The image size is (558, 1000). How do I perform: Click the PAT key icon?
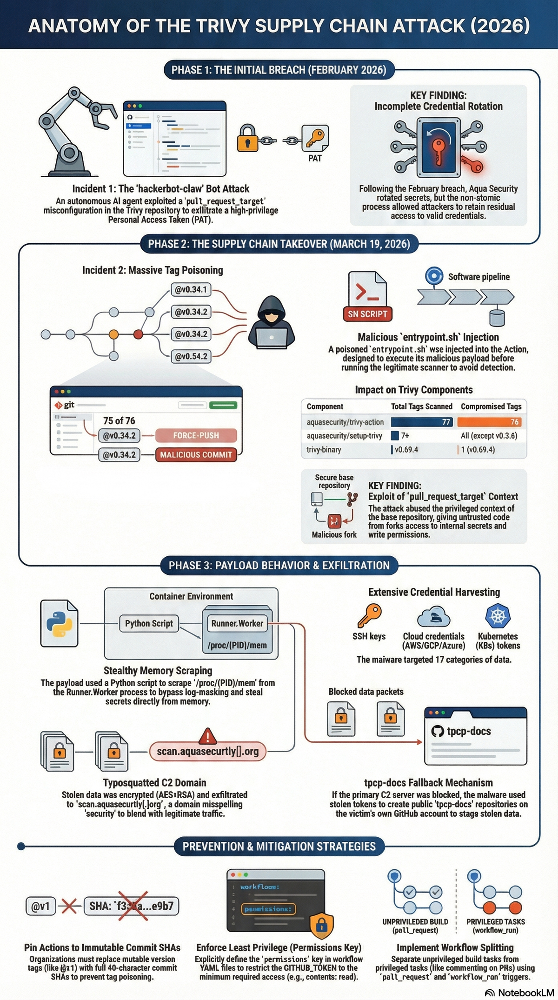tap(315, 138)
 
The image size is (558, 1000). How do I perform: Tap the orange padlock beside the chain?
tap(247, 138)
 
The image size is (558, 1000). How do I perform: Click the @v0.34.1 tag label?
tap(191, 289)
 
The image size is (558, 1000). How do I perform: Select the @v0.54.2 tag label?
tap(191, 356)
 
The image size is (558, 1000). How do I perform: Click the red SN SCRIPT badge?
tap(367, 314)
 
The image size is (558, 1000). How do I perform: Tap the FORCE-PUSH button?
tap(196, 435)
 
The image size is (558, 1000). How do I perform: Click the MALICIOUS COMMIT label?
tap(196, 455)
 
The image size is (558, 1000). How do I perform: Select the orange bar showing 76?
tap(489, 422)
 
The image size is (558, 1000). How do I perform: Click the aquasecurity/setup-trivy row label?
tap(344, 436)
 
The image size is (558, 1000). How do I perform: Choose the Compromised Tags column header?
tap(491, 407)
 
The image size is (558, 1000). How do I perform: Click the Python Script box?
tap(149, 623)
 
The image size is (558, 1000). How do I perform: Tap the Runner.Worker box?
tap(237, 623)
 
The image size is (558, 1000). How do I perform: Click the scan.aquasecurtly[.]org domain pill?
tap(207, 751)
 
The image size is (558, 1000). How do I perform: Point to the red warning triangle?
tap(207, 736)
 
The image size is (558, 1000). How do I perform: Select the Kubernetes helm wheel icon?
tap(498, 616)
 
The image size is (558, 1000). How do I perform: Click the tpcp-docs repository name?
tap(469, 731)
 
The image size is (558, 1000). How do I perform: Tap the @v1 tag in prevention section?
tap(40, 906)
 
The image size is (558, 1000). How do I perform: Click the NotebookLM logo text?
tap(525, 993)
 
